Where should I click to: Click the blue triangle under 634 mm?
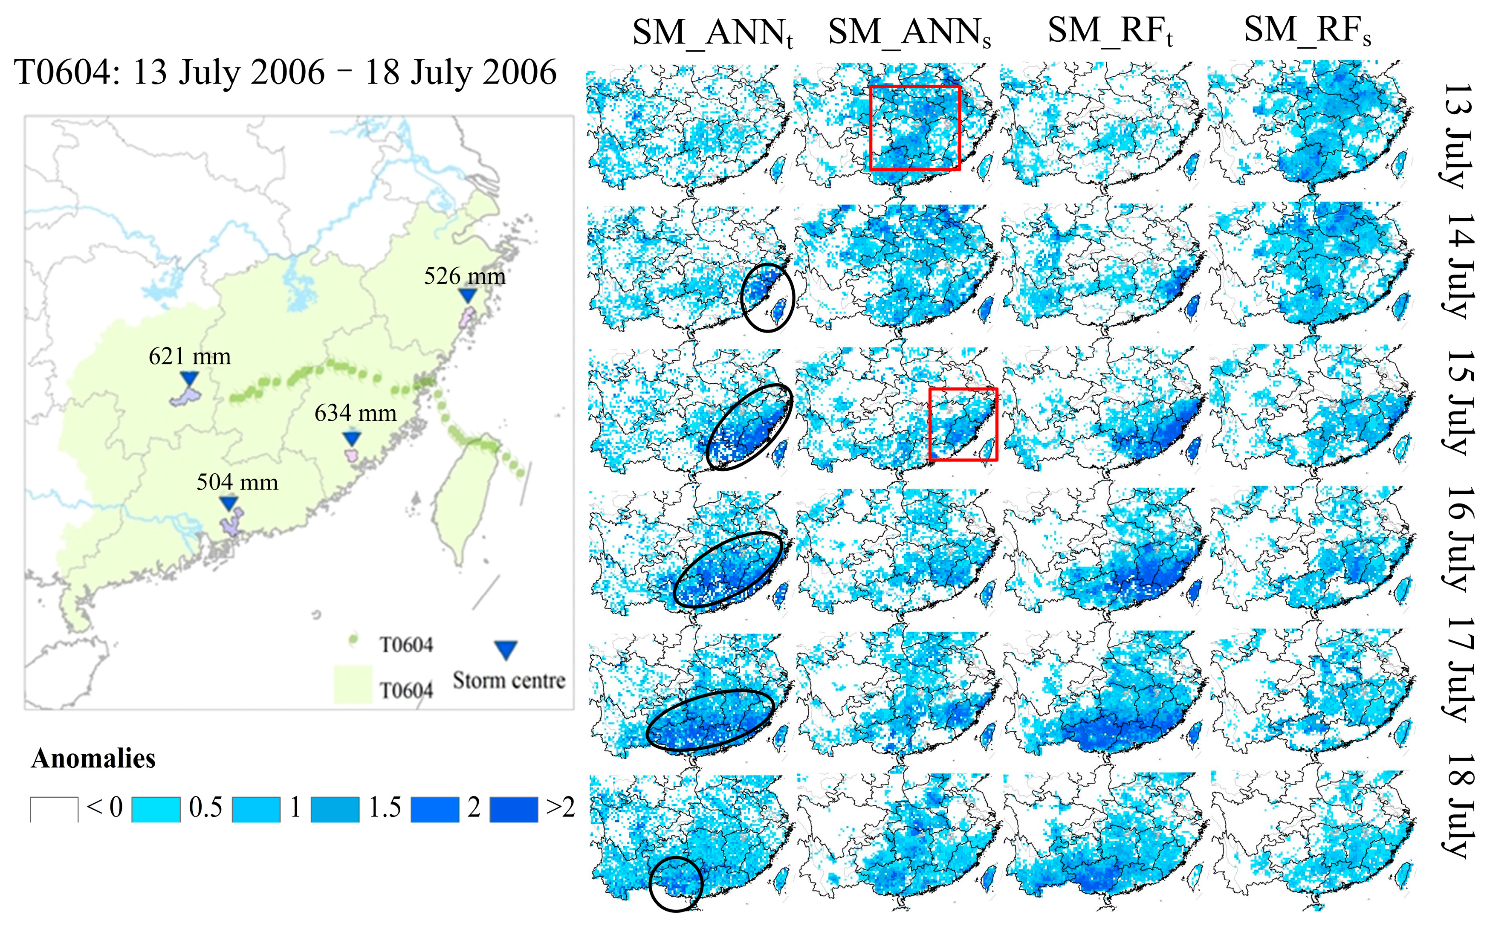[351, 438]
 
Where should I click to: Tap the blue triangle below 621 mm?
[190, 377]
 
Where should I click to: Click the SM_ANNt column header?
[712, 32]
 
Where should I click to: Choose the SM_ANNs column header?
[909, 32]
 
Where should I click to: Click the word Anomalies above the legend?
[93, 758]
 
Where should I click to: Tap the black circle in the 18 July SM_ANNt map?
[676, 883]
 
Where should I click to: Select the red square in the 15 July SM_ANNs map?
[963, 424]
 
